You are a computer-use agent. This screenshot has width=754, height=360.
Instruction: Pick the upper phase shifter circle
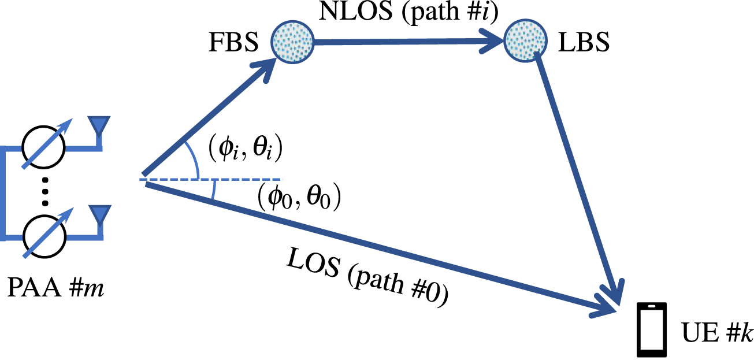pyautogui.click(x=44, y=148)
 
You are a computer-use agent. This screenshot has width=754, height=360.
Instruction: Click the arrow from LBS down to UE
pyautogui.click(x=578, y=173)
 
